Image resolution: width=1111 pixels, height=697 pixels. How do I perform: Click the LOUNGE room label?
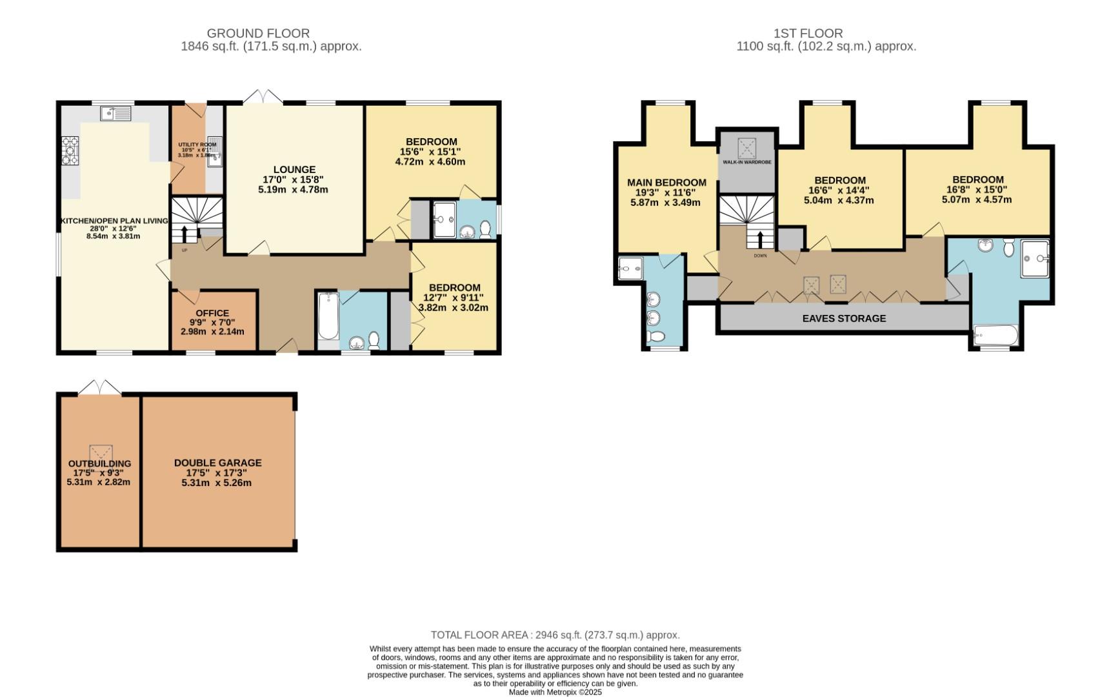[294, 170]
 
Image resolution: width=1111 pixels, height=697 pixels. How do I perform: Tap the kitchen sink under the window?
[116, 114]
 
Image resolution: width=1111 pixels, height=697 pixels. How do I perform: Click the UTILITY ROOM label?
[197, 145]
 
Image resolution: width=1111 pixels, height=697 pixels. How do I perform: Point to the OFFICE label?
[212, 313]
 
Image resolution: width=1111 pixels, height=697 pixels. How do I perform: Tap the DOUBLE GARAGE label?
[217, 463]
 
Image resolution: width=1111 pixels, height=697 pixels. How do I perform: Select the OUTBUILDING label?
[99, 463]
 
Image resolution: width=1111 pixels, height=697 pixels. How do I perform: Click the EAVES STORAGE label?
[844, 318]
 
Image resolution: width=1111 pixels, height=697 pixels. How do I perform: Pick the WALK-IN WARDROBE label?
[746, 162]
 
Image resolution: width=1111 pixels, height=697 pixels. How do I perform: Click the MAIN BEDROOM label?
[666, 183]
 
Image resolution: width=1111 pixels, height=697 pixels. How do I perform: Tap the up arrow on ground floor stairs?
[185, 233]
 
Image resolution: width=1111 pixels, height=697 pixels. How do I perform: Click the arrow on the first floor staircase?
[760, 239]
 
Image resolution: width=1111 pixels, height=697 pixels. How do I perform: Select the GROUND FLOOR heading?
[258, 33]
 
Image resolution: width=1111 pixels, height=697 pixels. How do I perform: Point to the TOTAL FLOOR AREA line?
[555, 635]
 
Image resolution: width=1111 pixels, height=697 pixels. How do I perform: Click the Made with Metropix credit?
[555, 692]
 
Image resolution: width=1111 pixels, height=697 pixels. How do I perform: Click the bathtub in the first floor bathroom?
[996, 336]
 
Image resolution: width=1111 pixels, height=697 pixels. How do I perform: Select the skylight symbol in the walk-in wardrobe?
[746, 148]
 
